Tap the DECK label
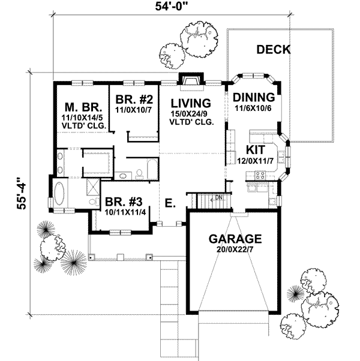pyautogui.click(x=273, y=50)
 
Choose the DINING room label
pyautogui.click(x=253, y=98)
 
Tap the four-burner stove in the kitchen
pyautogui.click(x=261, y=176)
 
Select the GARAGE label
pyautogui.click(x=235, y=238)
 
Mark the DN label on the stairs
pyautogui.click(x=220, y=197)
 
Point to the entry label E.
pyautogui.click(x=170, y=204)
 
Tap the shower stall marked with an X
pyautogui.click(x=93, y=188)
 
